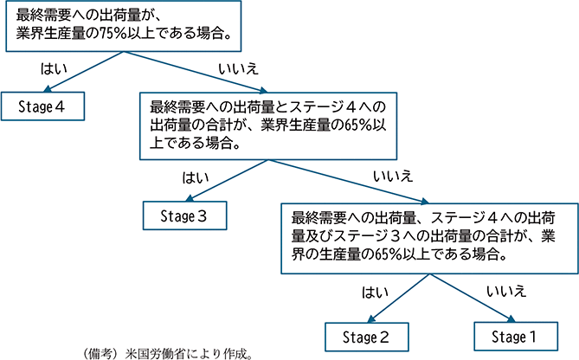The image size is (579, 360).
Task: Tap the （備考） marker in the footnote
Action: point(98,353)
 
